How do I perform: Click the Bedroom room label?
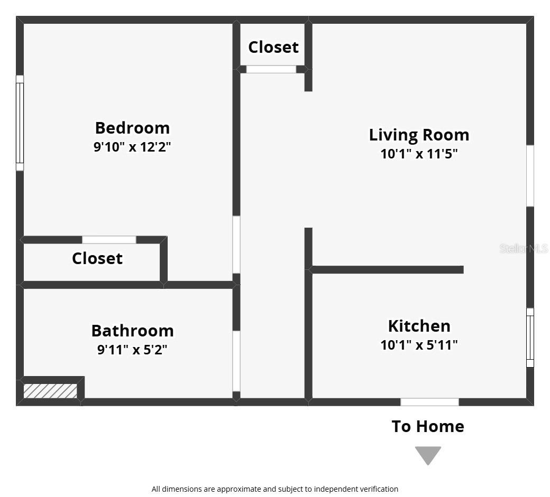pos(132,128)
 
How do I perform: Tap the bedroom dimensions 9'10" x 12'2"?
pos(132,146)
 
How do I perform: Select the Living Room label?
pos(419,135)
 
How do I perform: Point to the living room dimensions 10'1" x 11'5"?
pos(419,154)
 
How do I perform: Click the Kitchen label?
pos(419,325)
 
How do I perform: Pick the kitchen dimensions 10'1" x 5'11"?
pos(419,345)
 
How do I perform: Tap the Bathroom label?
pos(132,331)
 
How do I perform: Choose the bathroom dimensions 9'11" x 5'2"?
pos(132,350)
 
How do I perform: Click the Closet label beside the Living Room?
pos(273,47)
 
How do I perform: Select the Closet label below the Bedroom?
pos(97,258)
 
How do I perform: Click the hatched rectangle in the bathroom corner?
pos(50,391)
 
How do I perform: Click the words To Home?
pos(428,426)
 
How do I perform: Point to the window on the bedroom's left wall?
pos(20,123)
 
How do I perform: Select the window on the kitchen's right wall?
pos(530,337)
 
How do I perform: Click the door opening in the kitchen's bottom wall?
pos(429,402)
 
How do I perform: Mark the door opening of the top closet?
pos(271,69)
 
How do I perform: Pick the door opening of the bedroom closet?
pos(109,240)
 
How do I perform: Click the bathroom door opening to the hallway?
pos(236,361)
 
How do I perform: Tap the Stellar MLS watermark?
pos(524,248)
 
